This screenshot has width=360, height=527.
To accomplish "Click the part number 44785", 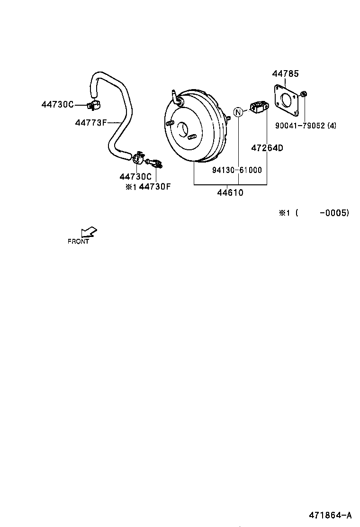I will point(285,74).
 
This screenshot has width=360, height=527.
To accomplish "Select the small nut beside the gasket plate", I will point(304,95).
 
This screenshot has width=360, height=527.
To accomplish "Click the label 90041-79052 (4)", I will point(306,126).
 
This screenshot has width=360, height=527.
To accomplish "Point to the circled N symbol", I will point(239,112).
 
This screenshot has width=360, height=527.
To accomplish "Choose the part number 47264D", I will point(267,148).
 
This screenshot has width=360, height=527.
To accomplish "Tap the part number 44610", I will point(230,193).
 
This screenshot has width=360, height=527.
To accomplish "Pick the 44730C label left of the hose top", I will point(58,104).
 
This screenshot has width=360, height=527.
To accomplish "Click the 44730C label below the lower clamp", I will point(135,177).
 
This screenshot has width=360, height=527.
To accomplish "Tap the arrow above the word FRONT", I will point(89,232).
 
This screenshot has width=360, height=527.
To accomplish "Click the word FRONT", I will point(78,241).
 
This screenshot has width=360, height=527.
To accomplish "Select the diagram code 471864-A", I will point(330,515).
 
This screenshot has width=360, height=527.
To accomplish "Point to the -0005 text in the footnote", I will point(334,213).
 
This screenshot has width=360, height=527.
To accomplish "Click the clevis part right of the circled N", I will point(258,108).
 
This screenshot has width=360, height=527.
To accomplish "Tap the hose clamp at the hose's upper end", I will point(93,104).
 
